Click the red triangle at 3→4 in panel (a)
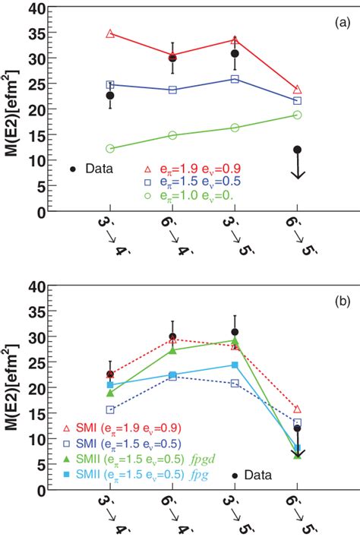(x=110, y=34)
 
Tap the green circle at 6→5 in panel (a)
(x=297, y=115)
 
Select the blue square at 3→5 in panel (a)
(x=235, y=79)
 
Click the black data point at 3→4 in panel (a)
(x=110, y=96)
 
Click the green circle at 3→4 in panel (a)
(x=110, y=149)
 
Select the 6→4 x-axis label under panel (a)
(x=172, y=235)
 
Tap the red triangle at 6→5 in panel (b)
(x=297, y=409)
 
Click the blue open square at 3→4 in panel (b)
(x=110, y=410)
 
